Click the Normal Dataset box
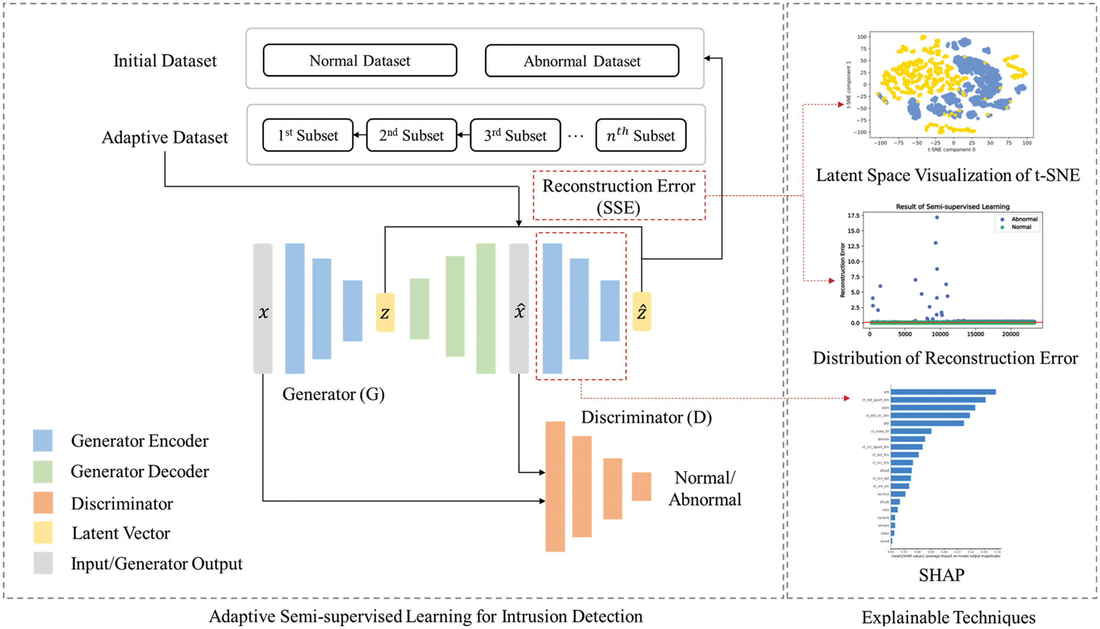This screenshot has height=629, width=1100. (x=360, y=60)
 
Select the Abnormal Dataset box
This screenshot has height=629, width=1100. (x=582, y=61)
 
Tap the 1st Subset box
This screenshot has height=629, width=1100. (x=307, y=136)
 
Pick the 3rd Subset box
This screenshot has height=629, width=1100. (x=515, y=136)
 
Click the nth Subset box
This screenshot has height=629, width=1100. (x=640, y=136)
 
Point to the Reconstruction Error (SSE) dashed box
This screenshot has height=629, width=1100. (x=618, y=196)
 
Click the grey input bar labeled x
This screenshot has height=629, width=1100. (x=263, y=308)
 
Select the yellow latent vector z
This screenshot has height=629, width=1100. (x=385, y=313)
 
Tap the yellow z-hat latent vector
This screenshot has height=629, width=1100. (x=641, y=312)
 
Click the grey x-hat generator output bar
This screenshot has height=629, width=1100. (x=519, y=308)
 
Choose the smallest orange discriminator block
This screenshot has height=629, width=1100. (x=641, y=487)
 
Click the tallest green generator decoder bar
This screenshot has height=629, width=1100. (x=486, y=308)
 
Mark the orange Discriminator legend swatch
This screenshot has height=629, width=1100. (x=43, y=503)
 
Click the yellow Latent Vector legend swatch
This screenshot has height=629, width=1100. (x=43, y=533)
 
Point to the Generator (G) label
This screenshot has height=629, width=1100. (x=333, y=394)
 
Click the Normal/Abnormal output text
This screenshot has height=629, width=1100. (x=705, y=488)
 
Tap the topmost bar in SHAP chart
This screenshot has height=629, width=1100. (x=943, y=392)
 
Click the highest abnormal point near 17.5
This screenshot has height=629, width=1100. (x=937, y=218)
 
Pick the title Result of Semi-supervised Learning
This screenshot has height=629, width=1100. (x=952, y=207)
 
